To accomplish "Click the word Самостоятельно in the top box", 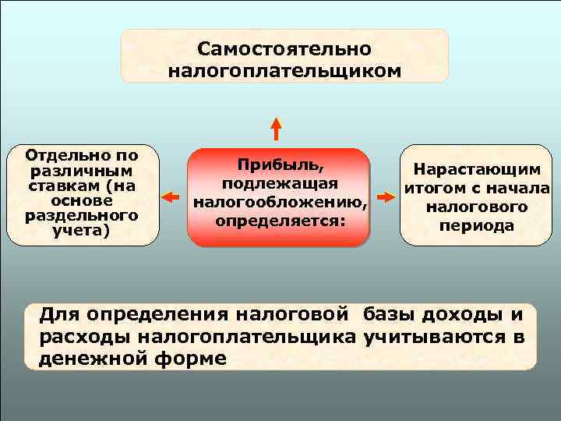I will click(284, 49).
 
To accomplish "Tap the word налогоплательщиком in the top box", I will click(284, 71).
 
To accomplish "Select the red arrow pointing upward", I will click(277, 129).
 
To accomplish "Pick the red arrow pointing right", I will click(384, 196).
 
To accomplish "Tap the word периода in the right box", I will click(477, 225).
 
